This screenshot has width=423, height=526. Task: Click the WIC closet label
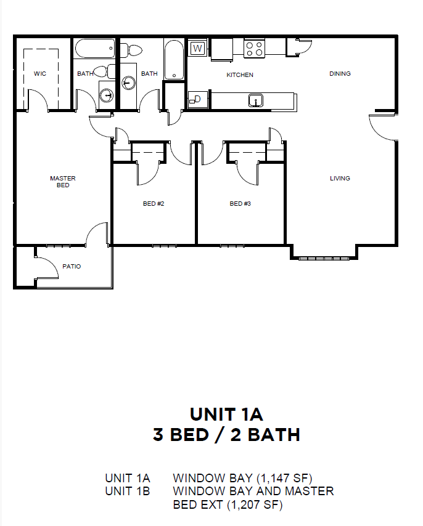point(40,73)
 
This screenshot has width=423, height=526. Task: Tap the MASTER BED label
point(63,182)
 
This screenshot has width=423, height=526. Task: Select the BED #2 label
point(154,204)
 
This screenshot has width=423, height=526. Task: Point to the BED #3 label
point(240,204)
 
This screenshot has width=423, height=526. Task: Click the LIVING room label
point(340,178)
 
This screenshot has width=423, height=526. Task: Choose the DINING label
point(340,73)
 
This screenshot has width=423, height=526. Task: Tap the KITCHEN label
point(240,75)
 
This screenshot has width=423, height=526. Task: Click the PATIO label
point(72,266)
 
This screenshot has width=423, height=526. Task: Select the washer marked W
point(197,48)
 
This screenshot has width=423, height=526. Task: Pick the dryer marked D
point(197,99)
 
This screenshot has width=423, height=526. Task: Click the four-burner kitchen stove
point(254,49)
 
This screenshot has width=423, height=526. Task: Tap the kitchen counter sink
point(255,100)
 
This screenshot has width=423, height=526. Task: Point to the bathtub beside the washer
point(174,60)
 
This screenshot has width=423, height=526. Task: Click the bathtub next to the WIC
point(95,49)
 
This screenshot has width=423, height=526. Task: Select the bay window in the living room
point(324,258)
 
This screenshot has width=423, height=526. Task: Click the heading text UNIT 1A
point(227,415)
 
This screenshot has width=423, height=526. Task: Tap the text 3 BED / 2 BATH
point(227,435)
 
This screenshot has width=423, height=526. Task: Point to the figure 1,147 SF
point(284,478)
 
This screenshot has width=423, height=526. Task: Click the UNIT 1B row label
point(127,491)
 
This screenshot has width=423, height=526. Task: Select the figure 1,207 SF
point(255,504)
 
